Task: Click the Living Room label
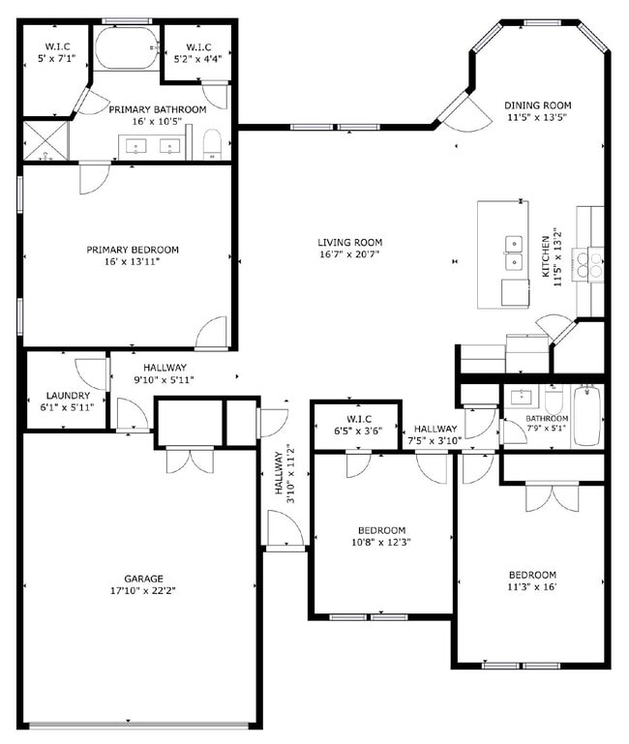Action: coord(350,242)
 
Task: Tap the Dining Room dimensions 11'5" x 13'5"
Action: coord(537,118)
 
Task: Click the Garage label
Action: coord(142,579)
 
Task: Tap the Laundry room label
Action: coord(69,396)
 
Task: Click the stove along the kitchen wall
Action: coord(587,264)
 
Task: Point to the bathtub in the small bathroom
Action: coord(587,416)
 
